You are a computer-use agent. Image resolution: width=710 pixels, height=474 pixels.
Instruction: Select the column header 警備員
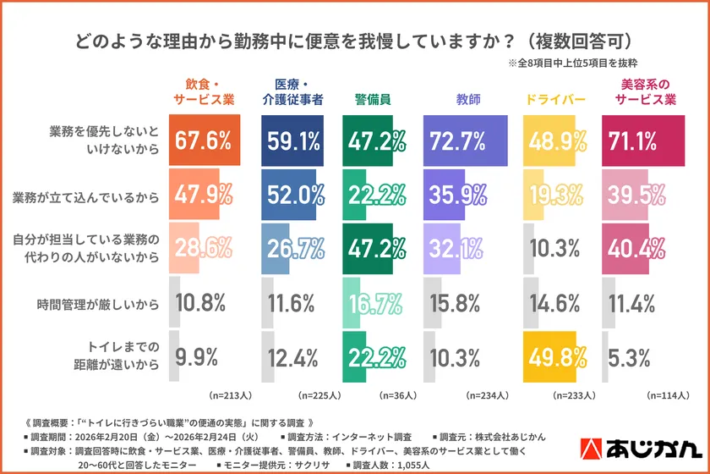coord(372,99)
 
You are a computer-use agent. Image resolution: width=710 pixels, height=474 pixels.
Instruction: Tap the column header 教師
coord(467,99)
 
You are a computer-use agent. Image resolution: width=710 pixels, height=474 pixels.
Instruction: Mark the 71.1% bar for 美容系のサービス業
coord(642,141)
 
